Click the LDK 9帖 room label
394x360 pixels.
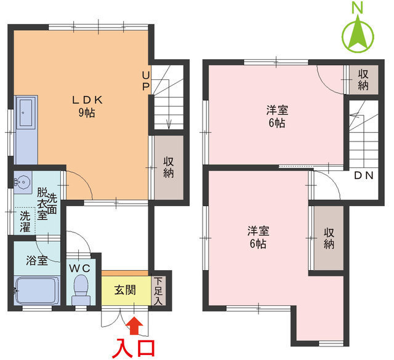[x=87, y=106]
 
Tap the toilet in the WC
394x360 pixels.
[x=81, y=290]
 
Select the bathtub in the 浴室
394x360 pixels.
[x=37, y=290]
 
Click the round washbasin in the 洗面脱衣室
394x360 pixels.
[x=23, y=182]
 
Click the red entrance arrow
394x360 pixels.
[x=134, y=326]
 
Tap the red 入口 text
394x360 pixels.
[x=134, y=348]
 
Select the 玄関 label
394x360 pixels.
[x=125, y=290]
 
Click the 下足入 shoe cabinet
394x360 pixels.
[x=158, y=290]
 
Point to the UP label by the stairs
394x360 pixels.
[x=146, y=81]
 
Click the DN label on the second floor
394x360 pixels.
[x=364, y=175]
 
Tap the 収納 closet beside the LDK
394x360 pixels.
[x=169, y=167]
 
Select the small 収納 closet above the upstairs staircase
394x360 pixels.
[x=364, y=80]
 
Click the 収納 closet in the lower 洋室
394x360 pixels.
[x=329, y=238]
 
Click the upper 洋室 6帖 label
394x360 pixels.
[x=277, y=116]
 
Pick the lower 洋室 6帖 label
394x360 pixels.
[x=259, y=237]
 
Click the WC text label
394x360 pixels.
[x=79, y=268]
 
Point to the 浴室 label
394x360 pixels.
[x=37, y=260]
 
